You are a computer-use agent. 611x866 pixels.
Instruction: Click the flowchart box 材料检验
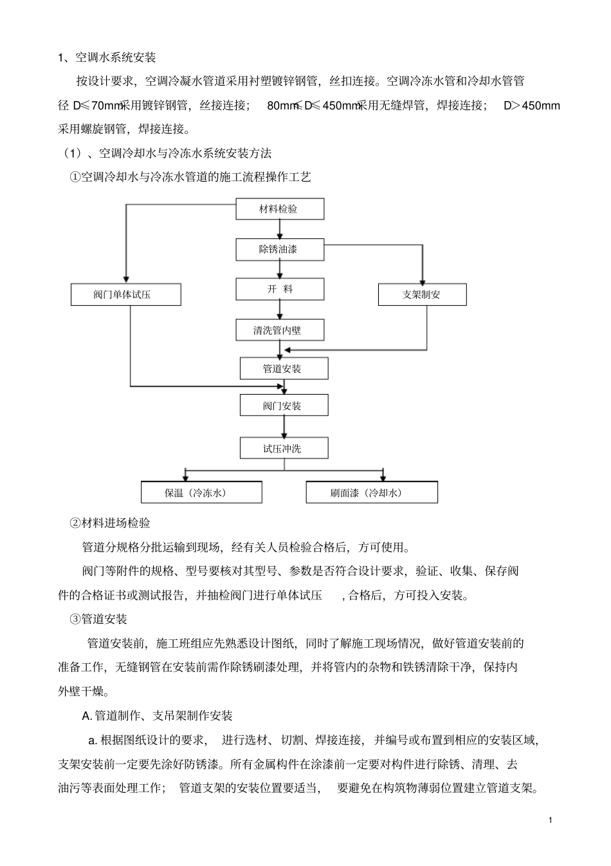(280, 209)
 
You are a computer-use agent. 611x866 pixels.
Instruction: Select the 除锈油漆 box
(280, 249)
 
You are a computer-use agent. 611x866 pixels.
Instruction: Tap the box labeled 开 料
(280, 289)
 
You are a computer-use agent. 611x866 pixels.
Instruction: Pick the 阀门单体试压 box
(126, 295)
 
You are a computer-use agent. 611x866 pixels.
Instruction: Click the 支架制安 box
(422, 295)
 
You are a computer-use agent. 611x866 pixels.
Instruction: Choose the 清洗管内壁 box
(280, 330)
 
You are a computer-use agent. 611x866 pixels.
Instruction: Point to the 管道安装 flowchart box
(284, 368)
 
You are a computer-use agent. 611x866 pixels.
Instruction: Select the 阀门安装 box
(284, 405)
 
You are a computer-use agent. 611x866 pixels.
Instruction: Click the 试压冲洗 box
(284, 448)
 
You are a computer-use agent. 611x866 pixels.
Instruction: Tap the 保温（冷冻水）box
(201, 492)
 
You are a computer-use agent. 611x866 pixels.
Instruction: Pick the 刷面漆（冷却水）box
(372, 492)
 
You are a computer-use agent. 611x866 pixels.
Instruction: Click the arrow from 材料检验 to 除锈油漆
(280, 229)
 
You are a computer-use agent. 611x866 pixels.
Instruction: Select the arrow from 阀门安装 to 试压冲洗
(284, 427)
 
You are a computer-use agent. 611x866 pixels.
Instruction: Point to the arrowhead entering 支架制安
(423, 282)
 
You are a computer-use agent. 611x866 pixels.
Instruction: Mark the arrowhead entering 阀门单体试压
(126, 279)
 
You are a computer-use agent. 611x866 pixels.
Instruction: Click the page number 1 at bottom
(551, 820)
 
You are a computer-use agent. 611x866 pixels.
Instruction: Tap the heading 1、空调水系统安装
(107, 57)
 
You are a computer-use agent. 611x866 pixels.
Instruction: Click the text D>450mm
(532, 106)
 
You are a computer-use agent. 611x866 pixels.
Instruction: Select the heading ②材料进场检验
(110, 523)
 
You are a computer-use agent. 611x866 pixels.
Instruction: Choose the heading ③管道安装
(98, 619)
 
